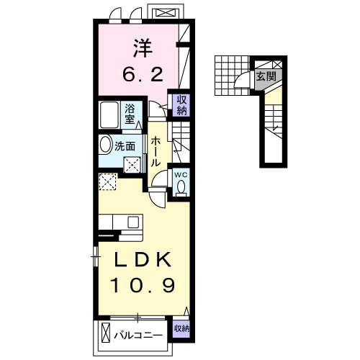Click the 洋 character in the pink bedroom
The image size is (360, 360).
coord(143,48)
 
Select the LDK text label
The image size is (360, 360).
coord(143,259)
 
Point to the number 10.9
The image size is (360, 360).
coord(143,284)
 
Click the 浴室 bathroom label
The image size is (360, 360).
coord(130,114)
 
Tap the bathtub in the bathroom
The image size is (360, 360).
coord(109,115)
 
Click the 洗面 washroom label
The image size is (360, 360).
coord(125,146)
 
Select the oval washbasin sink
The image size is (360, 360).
coord(105,145)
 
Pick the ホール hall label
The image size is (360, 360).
coord(156,151)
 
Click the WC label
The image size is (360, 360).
coord(181,175)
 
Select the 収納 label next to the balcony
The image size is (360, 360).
coord(181,328)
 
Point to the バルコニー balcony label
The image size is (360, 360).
coord(138,335)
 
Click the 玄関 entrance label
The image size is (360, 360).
coord(266,77)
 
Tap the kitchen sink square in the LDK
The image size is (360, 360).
coord(133,222)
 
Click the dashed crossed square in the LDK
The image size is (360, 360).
coord(108,182)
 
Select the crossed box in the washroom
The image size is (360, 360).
coord(132,165)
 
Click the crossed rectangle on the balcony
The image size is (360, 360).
coord(106,333)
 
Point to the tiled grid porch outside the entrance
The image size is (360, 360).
coord(233,76)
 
